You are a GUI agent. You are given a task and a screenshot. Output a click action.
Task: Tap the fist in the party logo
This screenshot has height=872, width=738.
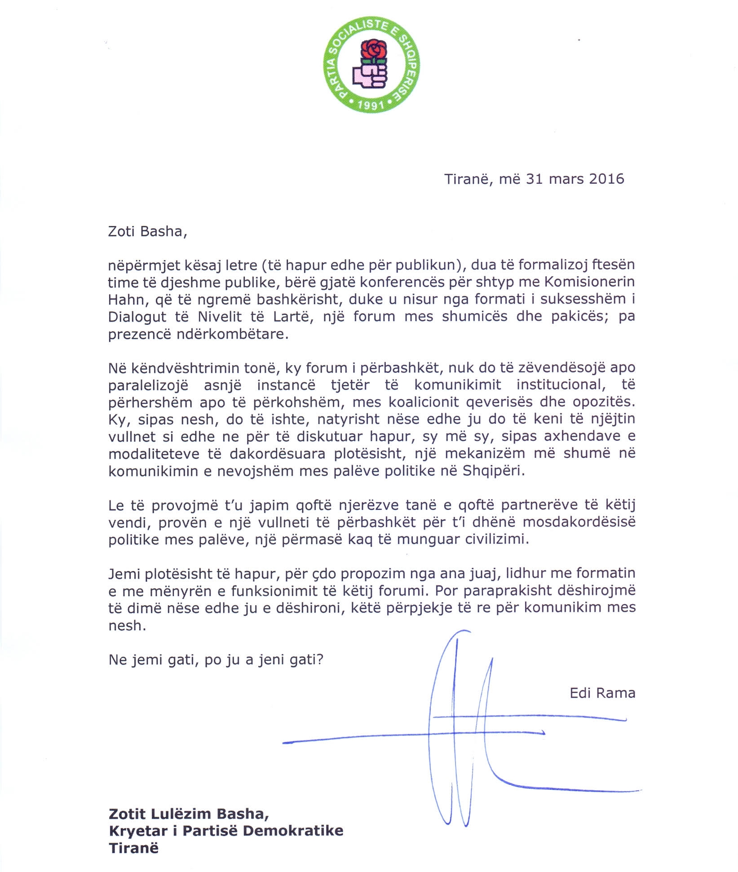point(370,76)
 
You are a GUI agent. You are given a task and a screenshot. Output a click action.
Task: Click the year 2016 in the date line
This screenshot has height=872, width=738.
point(606,179)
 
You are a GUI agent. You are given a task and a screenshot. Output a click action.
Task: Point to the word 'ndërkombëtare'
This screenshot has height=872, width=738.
point(232,335)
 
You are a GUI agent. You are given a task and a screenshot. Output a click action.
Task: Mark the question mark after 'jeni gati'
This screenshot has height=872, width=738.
point(320,660)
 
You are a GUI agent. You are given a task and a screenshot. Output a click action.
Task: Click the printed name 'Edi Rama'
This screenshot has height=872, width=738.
point(602,693)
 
